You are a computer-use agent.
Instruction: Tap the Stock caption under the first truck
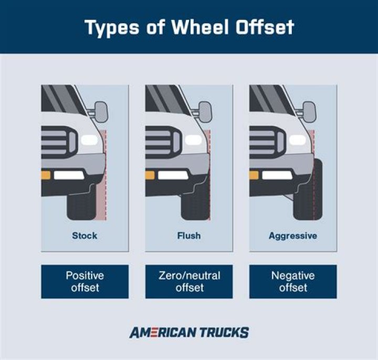pyautogui.click(x=85, y=236)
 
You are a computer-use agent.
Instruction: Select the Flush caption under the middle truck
pyautogui.click(x=188, y=236)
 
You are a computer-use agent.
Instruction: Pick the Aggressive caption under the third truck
pyautogui.click(x=292, y=236)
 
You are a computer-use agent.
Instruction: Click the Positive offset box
pyautogui.click(x=85, y=282)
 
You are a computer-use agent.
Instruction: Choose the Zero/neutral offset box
pyautogui.click(x=189, y=282)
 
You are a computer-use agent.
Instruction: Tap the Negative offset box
pyautogui.click(x=293, y=282)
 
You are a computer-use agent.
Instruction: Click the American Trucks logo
pyautogui.click(x=189, y=332)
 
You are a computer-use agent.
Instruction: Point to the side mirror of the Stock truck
pyautogui.click(x=101, y=111)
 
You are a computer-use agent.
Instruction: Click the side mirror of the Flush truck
pyautogui.click(x=205, y=111)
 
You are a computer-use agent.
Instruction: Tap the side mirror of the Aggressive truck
pyautogui.click(x=309, y=111)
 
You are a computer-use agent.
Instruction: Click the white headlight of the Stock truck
pyautogui.click(x=90, y=140)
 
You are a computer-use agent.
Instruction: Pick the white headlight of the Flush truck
pyautogui.click(x=194, y=140)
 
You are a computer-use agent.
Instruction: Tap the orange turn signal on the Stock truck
pyautogui.click(x=46, y=175)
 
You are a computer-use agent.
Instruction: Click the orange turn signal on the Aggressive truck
pyautogui.click(x=254, y=175)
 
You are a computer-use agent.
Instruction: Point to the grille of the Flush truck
pyautogui.click(x=163, y=141)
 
